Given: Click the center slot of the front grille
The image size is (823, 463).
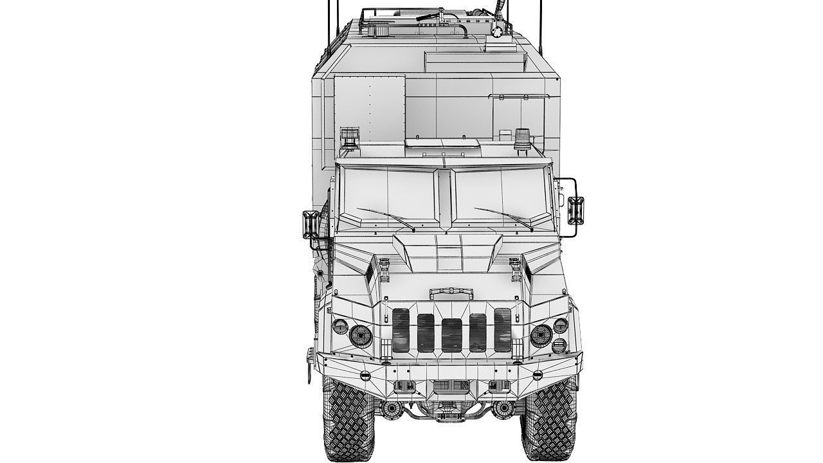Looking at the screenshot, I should tap(451, 334).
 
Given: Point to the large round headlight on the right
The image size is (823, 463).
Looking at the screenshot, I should tap(541, 335).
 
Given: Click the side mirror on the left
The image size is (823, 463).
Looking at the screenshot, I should tap(308, 224).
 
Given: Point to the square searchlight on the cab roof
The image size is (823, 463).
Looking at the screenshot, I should tap(350, 137).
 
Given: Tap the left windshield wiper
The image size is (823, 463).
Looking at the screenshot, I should tap(386, 219).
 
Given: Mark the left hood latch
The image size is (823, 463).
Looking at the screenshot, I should tap(384, 268).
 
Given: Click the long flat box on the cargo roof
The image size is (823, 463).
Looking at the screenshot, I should tap(476, 62).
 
